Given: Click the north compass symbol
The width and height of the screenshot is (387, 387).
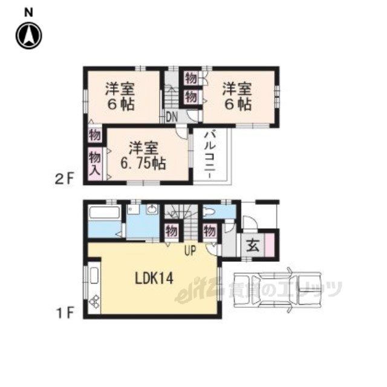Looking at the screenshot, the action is coord(29,36).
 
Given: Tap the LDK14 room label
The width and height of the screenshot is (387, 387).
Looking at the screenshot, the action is coord(154,279).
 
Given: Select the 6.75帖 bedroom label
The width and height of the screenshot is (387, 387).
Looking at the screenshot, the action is coord(143,163).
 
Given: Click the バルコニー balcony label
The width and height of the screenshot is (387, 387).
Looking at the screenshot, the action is coord(210,155).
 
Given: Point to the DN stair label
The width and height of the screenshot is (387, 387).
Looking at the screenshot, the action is coord(172,117).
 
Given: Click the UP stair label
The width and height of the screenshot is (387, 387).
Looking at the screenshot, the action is coord(190,250).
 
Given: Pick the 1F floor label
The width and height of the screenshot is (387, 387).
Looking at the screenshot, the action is coord(65,313).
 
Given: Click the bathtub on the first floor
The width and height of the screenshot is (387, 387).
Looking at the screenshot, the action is coord(105,212).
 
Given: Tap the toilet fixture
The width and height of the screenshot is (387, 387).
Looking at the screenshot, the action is coord(210,212).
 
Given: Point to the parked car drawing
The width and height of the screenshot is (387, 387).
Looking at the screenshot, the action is coord(278,290).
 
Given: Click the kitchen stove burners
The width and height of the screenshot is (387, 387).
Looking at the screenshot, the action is coord(94,302).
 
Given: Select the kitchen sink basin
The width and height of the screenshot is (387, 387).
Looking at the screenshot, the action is coord(94,276).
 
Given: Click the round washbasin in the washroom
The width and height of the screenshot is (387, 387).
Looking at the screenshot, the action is coord(152,210).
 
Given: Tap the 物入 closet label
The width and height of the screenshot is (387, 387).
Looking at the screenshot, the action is coord(95,163).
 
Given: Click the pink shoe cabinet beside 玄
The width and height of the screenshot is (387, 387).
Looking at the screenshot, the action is coord(269,245).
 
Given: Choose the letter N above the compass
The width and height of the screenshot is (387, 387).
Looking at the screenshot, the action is coord(28,13).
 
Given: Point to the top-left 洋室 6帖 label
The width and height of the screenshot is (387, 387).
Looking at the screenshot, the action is coord(120,97).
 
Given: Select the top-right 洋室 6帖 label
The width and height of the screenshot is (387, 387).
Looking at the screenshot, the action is coord(237,97).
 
